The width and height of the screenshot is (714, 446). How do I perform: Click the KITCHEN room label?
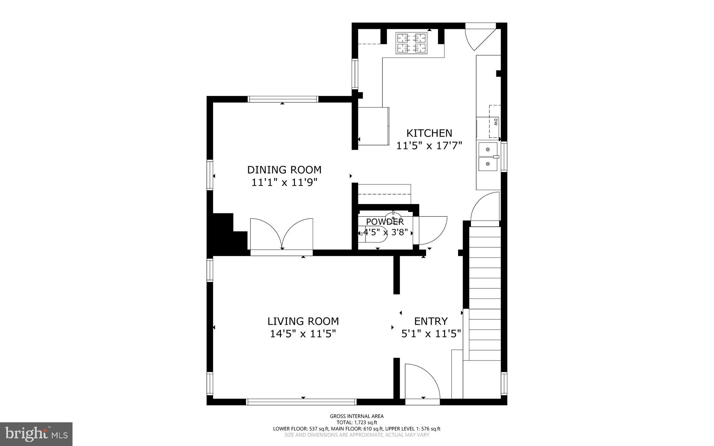[x=429, y=133]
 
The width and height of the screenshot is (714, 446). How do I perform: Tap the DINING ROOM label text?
[x=284, y=170]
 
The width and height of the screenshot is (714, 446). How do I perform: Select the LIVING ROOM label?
[x=303, y=321]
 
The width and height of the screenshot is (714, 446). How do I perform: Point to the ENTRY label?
[x=431, y=321]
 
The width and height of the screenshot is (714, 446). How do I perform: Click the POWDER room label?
[x=385, y=222]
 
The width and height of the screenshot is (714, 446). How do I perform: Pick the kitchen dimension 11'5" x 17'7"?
[x=429, y=145]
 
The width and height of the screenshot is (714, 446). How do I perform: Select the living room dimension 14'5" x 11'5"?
[x=303, y=334]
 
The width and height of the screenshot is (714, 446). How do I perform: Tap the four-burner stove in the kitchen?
[x=412, y=43]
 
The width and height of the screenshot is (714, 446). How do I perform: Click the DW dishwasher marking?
[x=495, y=122]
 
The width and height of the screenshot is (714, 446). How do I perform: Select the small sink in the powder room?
[x=393, y=216]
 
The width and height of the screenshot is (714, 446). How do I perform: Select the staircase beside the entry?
[x=485, y=293]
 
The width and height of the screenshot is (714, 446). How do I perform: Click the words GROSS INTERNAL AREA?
[x=357, y=416]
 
